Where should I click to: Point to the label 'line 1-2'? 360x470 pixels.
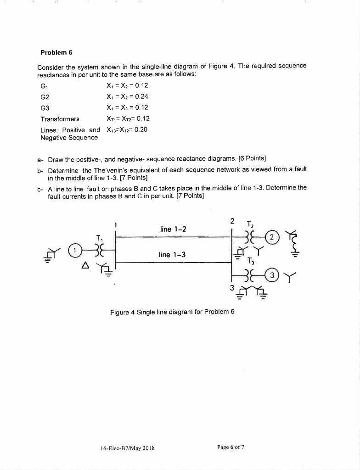point(172,229)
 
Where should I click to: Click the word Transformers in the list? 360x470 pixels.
point(60,118)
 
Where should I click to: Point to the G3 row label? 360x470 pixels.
point(45,107)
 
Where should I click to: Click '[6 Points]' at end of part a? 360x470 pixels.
point(248,159)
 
